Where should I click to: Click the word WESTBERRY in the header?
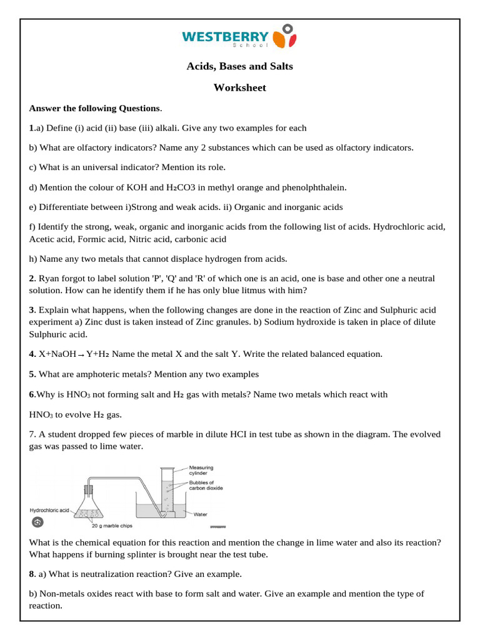(x=226, y=36)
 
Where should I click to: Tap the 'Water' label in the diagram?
(x=201, y=515)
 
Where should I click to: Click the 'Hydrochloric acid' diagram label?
(x=49, y=509)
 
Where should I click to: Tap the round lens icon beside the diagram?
(x=37, y=522)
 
